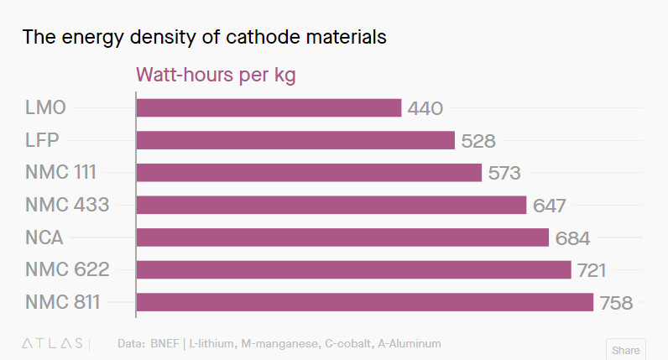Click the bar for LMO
coord(269,108)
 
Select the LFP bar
coord(295,140)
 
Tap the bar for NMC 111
coord(309,173)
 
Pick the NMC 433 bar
coord(331,205)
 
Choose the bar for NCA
coord(342,237)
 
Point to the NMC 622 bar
coord(353,269)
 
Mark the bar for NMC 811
coord(364,302)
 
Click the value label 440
coord(425,109)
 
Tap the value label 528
coord(478,141)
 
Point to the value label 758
coord(616,303)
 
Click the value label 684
coord(572,238)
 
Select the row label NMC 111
coord(61,173)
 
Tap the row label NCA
coord(44,237)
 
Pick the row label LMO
coord(45,108)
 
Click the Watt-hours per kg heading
coord(216,75)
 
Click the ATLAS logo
coord(51,344)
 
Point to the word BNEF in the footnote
coord(167,344)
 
